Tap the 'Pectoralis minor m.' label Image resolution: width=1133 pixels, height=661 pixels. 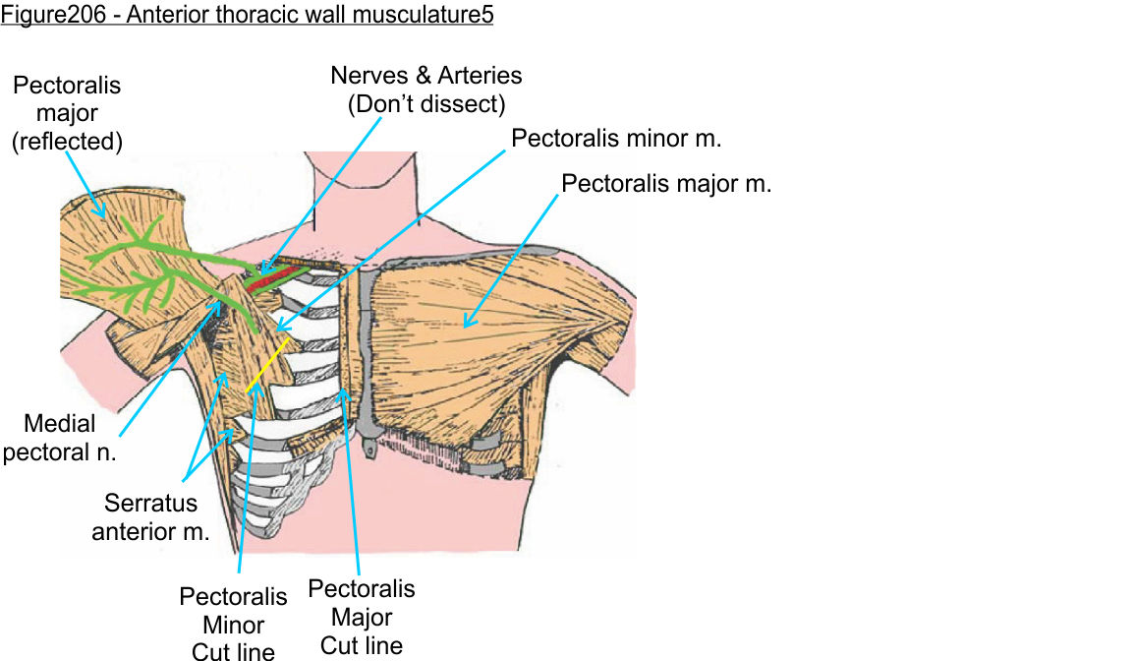point(617,139)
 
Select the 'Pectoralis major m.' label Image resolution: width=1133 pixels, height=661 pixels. point(665,184)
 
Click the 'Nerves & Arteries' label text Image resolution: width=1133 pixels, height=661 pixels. point(426,76)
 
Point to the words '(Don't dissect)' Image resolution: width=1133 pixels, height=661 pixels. point(426,103)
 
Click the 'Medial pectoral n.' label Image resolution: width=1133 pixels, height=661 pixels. point(59,439)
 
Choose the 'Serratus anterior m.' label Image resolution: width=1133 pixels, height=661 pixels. point(151,517)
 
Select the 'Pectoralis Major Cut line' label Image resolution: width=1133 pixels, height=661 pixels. point(362,617)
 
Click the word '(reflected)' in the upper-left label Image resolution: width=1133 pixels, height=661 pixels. point(67,142)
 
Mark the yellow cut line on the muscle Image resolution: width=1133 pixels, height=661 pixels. point(268,363)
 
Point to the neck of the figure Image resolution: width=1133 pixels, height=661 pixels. point(365,187)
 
